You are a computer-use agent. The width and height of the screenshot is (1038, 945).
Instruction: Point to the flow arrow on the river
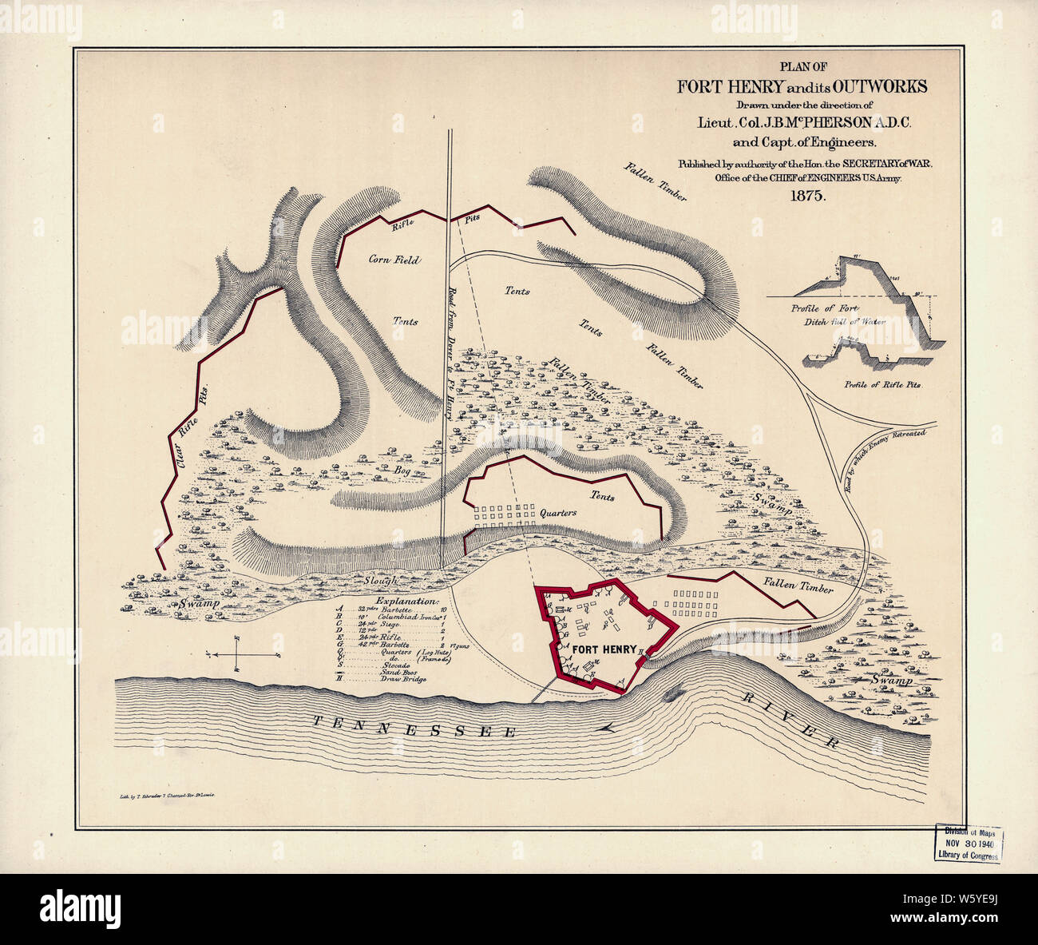608,726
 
